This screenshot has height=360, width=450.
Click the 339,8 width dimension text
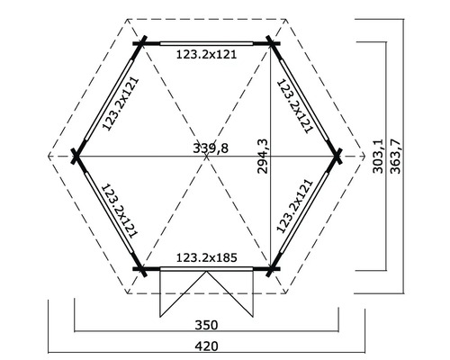point(210,149)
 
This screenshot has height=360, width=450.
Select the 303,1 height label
point(378,154)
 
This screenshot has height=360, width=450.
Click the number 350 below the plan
point(207,325)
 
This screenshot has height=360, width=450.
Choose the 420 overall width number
point(207,345)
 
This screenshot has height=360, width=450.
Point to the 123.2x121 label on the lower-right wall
point(294,209)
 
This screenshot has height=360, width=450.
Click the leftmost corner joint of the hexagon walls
point(76,157)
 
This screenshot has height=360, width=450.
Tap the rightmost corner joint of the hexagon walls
point(337,157)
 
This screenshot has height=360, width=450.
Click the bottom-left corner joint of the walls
point(140,268)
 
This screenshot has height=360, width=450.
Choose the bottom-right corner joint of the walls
point(272,268)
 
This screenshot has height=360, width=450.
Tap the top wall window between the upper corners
point(206,41)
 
